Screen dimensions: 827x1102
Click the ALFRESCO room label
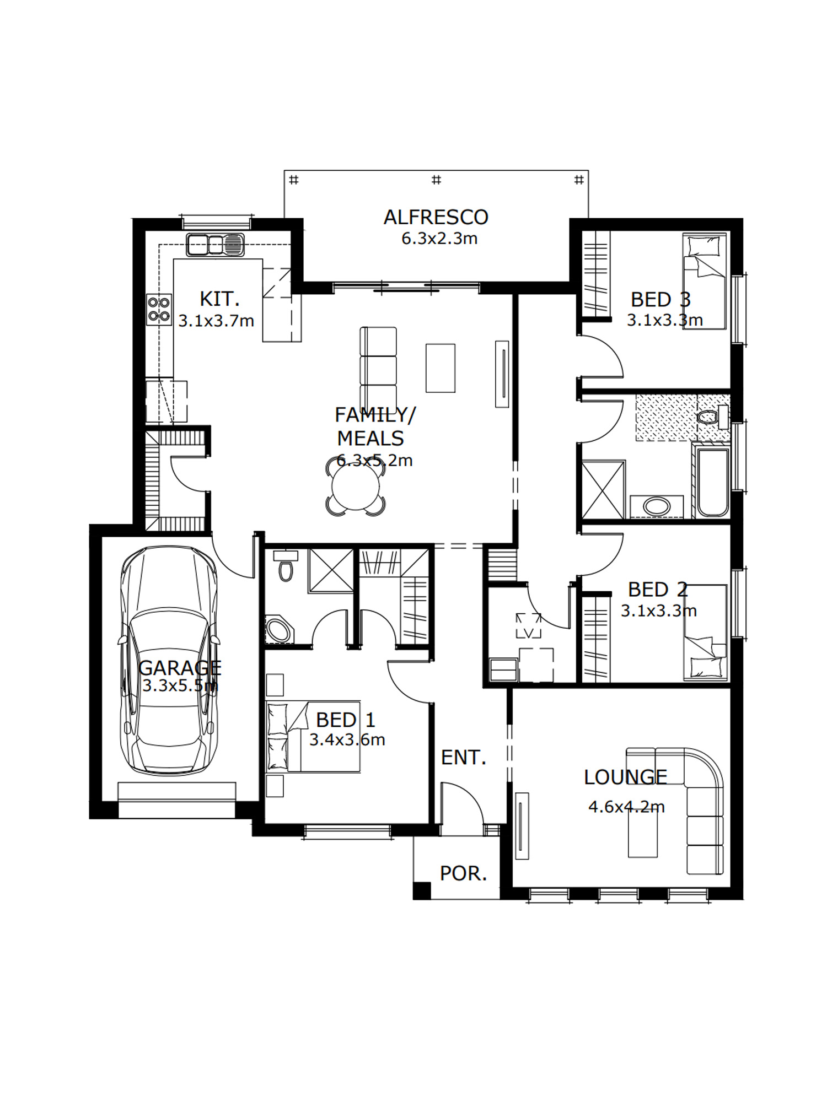point(436,217)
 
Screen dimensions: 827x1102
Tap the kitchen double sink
point(215,245)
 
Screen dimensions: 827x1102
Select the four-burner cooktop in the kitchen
point(159,309)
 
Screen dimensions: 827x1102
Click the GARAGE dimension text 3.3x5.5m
point(180,686)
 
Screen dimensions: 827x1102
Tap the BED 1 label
point(346,720)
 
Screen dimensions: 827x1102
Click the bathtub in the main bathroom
point(713,483)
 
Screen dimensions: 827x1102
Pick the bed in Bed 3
point(705,281)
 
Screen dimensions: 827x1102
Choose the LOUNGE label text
point(626,777)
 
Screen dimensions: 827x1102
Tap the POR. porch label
point(464,873)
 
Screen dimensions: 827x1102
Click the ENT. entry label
point(464,758)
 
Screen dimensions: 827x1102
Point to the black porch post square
point(422,890)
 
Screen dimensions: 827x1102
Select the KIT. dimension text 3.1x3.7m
point(216,321)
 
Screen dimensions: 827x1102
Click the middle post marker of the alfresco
point(436,180)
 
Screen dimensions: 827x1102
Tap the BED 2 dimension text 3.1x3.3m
point(659,611)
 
